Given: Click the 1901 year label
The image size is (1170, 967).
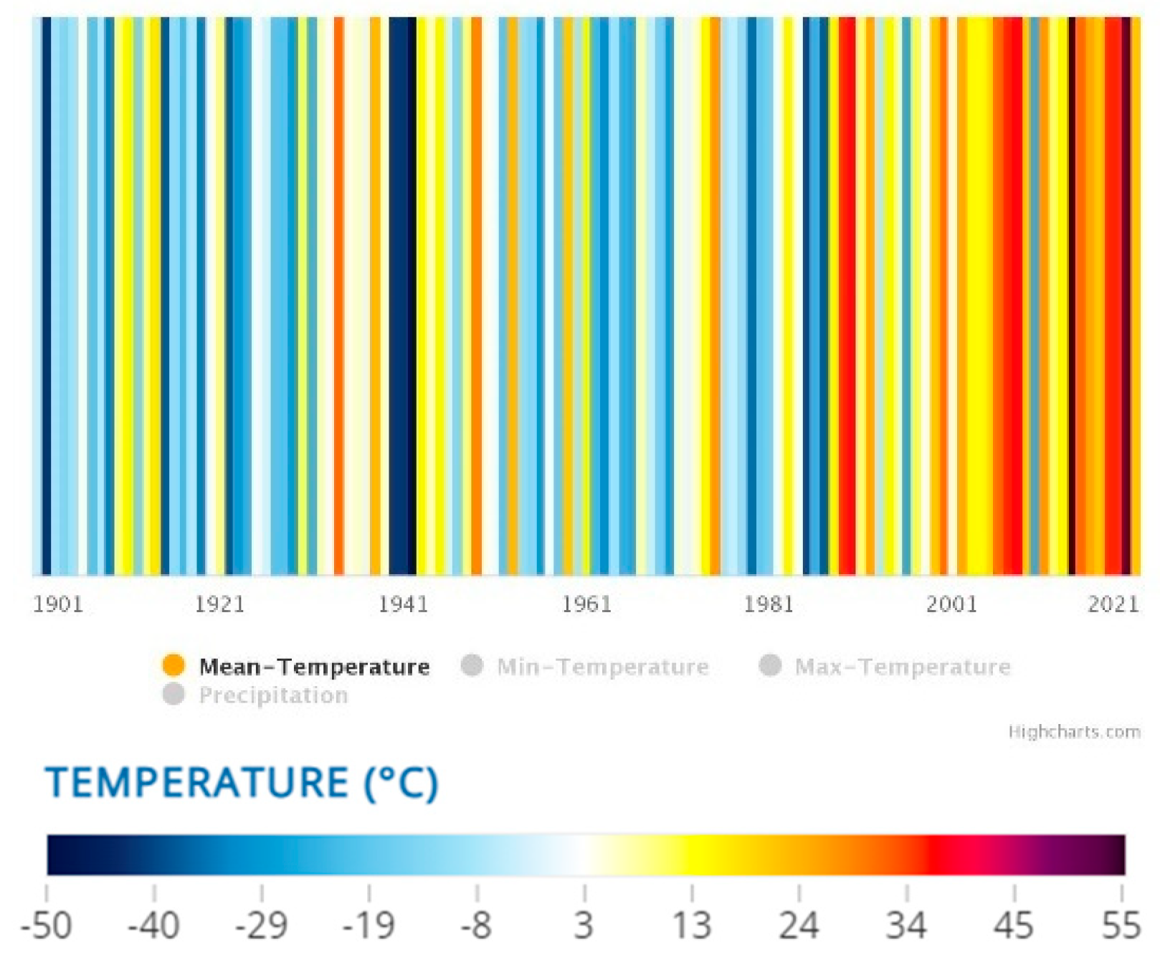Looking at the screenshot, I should pyautogui.click(x=58, y=604).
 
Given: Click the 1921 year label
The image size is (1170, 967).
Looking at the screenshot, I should pyautogui.click(x=220, y=604).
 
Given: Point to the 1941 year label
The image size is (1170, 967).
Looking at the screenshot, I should pyautogui.click(x=403, y=604).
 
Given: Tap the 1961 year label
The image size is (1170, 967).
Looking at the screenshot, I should pyautogui.click(x=586, y=604).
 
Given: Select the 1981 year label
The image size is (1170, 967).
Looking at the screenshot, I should pyautogui.click(x=769, y=604).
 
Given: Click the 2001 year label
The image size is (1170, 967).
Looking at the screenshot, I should pyautogui.click(x=952, y=604).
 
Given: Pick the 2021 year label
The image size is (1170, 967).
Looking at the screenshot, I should pyautogui.click(x=1113, y=604).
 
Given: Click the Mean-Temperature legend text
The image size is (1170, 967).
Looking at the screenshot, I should pyautogui.click(x=314, y=667).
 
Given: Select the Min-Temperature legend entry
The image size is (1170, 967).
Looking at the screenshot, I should pyautogui.click(x=602, y=667).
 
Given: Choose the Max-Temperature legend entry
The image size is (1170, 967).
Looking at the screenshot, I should pyautogui.click(x=902, y=667).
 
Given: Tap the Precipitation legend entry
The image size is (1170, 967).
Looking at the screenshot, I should pyautogui.click(x=273, y=695).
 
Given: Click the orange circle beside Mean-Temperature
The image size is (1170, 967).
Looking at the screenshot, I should pyautogui.click(x=173, y=665).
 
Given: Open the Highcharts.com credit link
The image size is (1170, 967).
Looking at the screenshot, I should pyautogui.click(x=1074, y=732).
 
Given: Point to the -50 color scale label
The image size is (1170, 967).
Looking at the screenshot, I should pyautogui.click(x=47, y=925).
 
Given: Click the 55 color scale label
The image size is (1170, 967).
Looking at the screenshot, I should pyautogui.click(x=1121, y=925).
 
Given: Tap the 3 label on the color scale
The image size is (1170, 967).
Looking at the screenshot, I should pyautogui.click(x=584, y=925).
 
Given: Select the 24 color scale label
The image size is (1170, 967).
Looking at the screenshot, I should pyautogui.click(x=799, y=925).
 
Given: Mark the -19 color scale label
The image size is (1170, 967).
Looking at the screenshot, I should pyautogui.click(x=368, y=925).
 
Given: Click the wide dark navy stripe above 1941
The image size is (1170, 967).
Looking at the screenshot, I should pyautogui.click(x=401, y=287).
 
